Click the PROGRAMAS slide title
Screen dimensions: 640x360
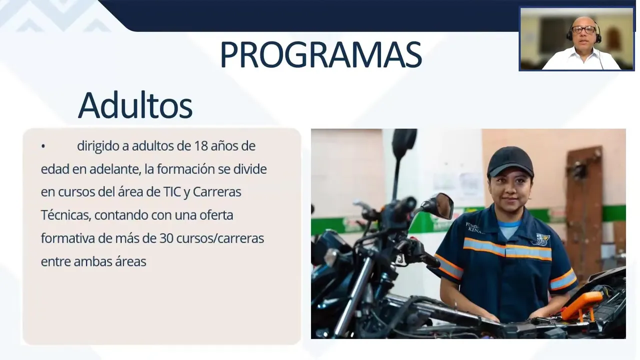pos(321,54)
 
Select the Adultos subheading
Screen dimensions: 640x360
pos(135,105)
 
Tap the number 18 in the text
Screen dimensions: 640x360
pos(201,146)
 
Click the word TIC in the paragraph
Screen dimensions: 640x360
pos(172,192)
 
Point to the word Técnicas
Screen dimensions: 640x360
pos(66,215)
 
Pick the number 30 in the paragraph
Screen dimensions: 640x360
pos(166,238)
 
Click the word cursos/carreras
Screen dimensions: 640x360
pos(220,238)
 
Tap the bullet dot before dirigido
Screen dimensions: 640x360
pos(43,146)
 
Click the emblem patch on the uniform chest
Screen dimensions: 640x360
pos(541,239)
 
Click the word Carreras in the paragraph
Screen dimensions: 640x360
pos(217,192)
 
